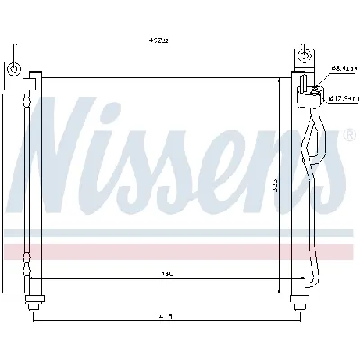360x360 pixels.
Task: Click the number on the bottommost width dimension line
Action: click(x=169, y=315)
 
